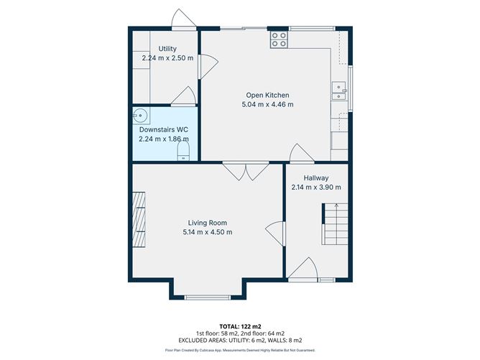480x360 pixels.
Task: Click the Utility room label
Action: [167, 49]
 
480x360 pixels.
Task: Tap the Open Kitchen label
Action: [267, 95]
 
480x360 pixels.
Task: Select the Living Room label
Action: [207, 223]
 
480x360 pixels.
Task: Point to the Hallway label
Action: [315, 178]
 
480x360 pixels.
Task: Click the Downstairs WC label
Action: [163, 130]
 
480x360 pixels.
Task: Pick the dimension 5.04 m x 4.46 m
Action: [267, 105]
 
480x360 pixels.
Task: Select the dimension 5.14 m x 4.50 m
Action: [207, 232]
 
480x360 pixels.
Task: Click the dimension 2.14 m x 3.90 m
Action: [315, 188]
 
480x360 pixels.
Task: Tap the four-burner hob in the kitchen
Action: [279, 40]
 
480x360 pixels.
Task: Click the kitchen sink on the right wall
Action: [338, 91]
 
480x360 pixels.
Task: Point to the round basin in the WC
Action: [140, 116]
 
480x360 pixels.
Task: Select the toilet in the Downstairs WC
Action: [183, 150]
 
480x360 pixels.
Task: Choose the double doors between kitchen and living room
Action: [245, 171]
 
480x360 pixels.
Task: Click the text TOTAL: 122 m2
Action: [239, 326]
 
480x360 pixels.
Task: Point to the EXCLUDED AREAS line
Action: [239, 340]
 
